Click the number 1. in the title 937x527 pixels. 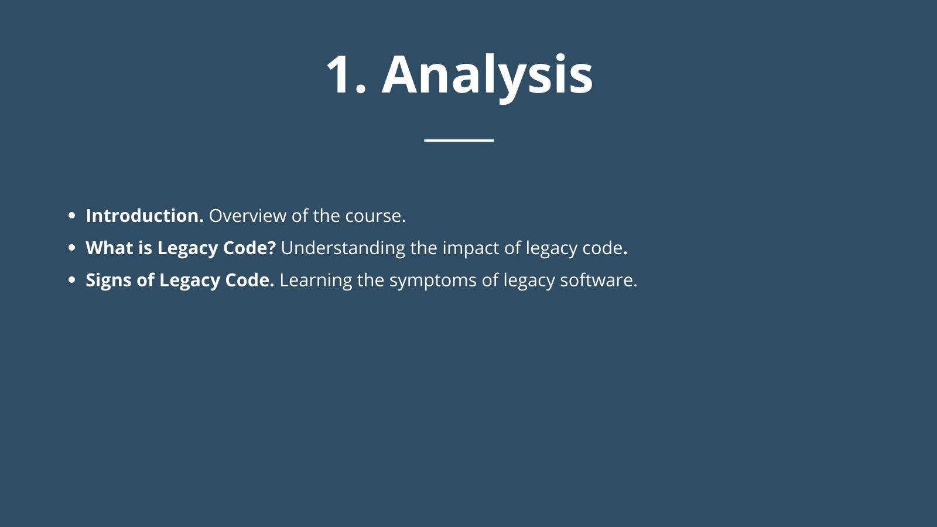coord(346,75)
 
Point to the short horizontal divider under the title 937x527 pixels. coord(459,140)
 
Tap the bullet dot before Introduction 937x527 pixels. coord(71,216)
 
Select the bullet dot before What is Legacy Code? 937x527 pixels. coord(71,248)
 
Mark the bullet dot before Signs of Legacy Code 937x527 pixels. coord(71,280)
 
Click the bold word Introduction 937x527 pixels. coord(145,216)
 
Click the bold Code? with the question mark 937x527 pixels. coord(249,248)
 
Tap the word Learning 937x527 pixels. coord(316,281)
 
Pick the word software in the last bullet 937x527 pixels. coord(599,280)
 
